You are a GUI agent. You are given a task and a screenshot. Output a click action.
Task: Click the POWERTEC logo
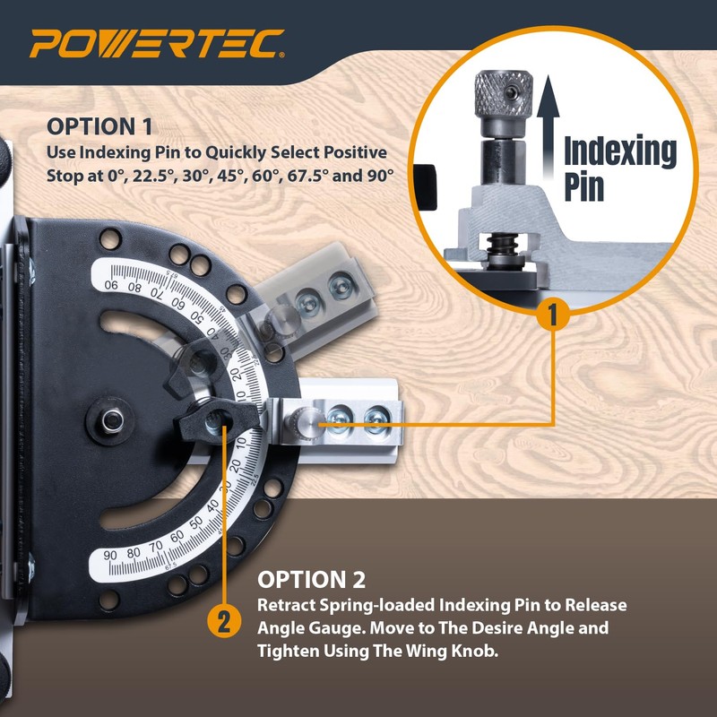coord(158,43)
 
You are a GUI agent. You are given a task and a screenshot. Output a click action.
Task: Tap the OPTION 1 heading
coord(100,125)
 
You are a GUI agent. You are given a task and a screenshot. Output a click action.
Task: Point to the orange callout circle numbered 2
coord(224,621)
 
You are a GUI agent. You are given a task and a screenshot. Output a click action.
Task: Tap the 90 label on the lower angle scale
coord(112,555)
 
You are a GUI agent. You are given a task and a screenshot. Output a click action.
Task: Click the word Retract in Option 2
coord(282,605)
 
